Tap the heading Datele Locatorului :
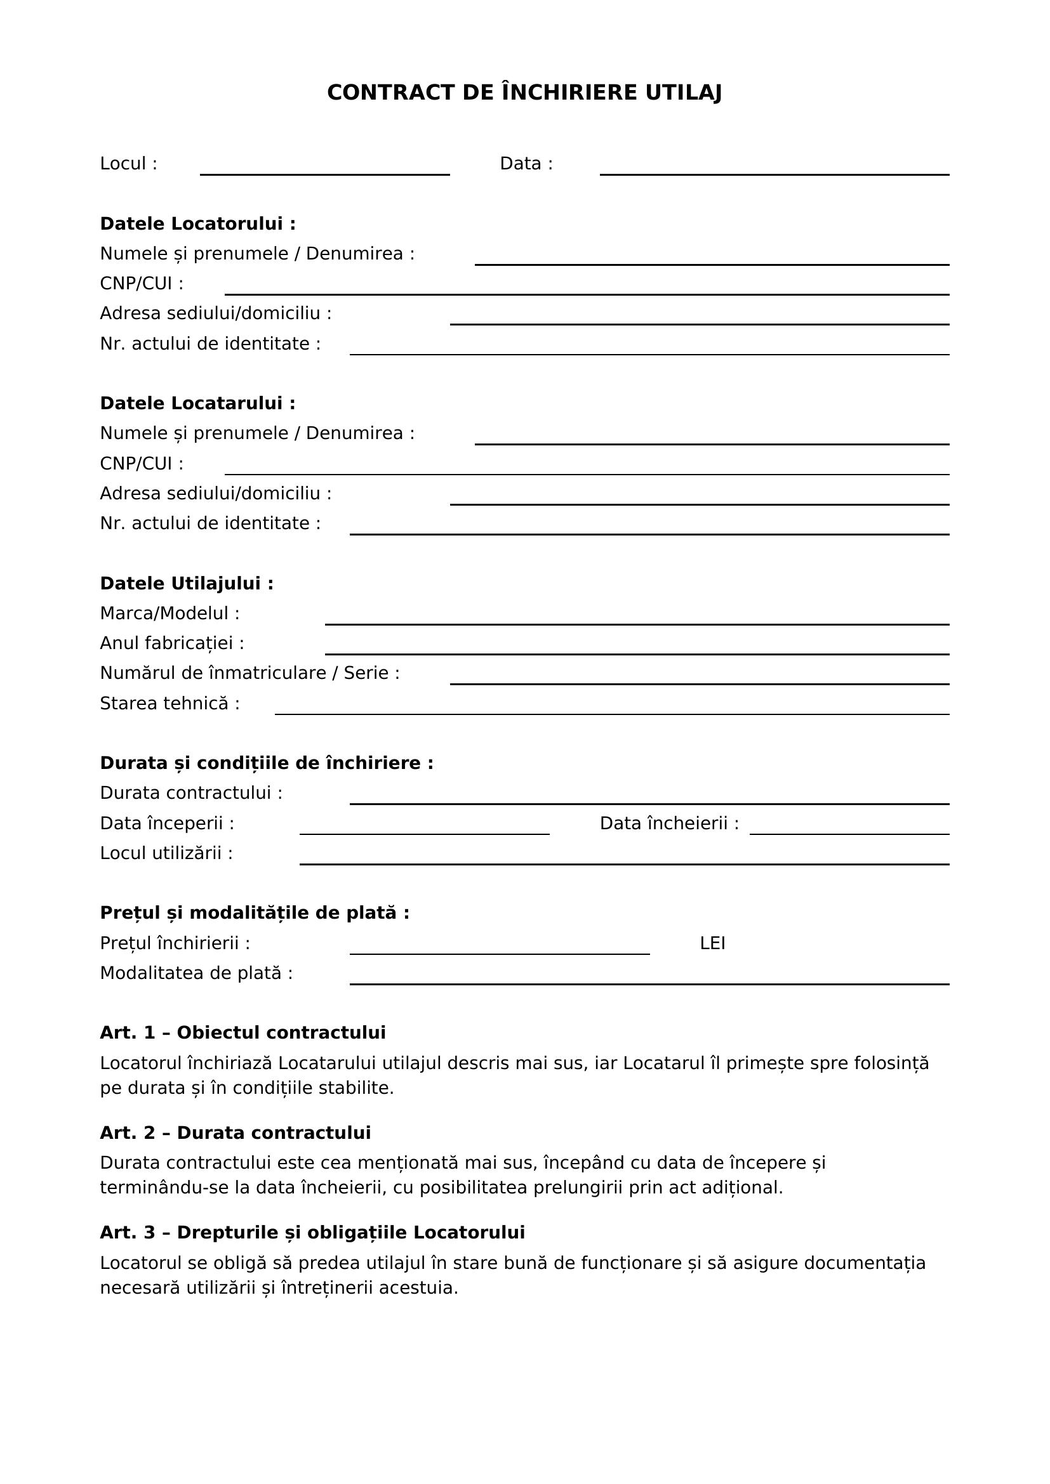tap(198, 223)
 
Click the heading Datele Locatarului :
tap(198, 404)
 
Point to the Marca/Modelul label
tap(169, 614)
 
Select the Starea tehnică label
tap(169, 703)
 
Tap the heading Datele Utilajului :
tap(187, 584)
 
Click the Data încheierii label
tap(668, 824)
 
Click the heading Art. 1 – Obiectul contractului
tap(243, 1033)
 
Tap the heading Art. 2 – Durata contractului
tap(236, 1133)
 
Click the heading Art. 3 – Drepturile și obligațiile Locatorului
tap(312, 1233)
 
